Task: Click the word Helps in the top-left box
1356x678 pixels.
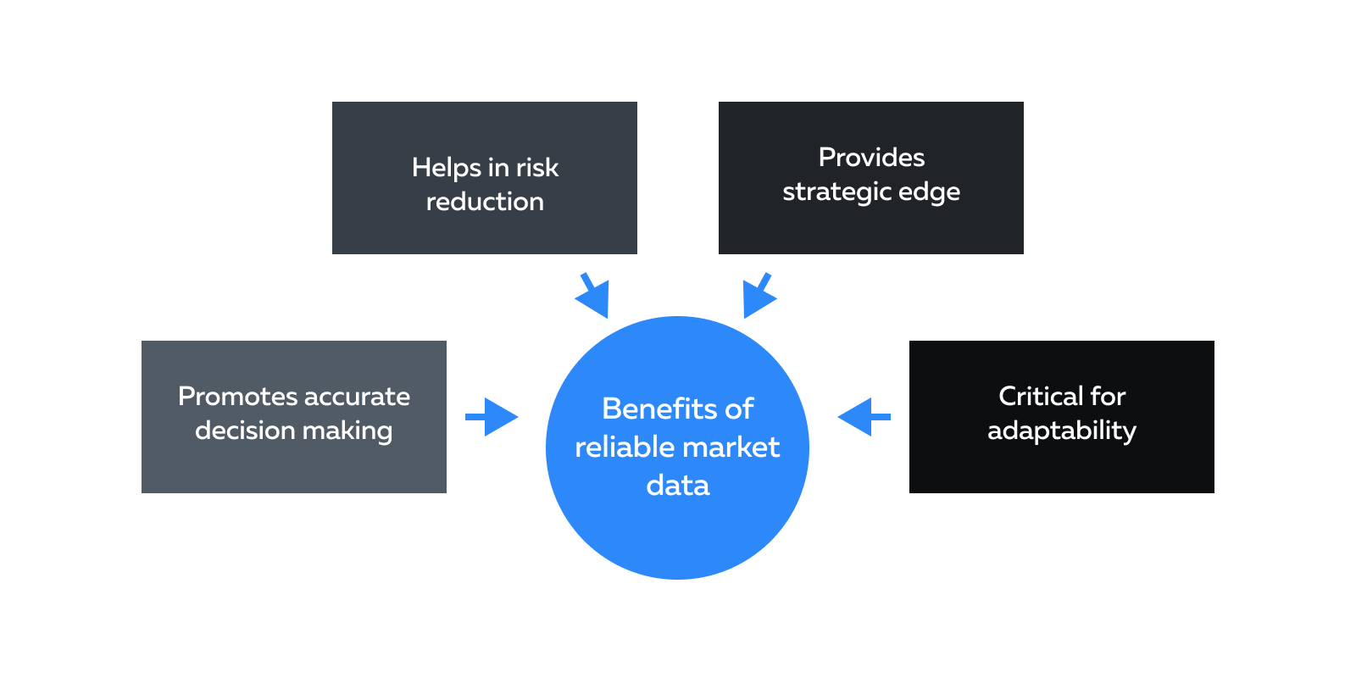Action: pyautogui.click(x=446, y=168)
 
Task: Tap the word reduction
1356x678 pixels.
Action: pyautogui.click(x=485, y=202)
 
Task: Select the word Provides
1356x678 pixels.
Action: pyautogui.click(x=871, y=158)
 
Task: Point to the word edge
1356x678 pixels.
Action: pyautogui.click(x=929, y=192)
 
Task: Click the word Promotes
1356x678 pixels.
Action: pyautogui.click(x=237, y=397)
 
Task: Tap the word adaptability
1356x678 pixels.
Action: pyautogui.click(x=1061, y=431)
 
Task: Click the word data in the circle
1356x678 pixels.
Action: pyautogui.click(x=677, y=486)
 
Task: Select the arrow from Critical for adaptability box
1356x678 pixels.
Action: pyautogui.click(x=863, y=417)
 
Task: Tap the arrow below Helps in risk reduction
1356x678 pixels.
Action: pyautogui.click(x=595, y=296)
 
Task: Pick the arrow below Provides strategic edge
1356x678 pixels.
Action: pyautogui.click(x=757, y=296)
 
